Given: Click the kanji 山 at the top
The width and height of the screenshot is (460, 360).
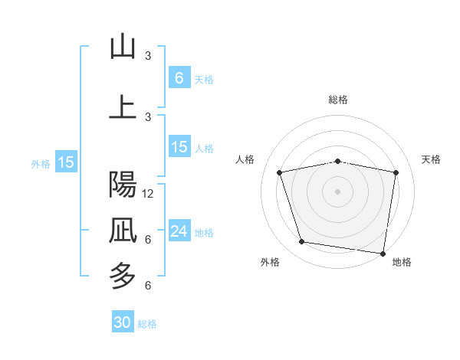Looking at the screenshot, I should (123, 47).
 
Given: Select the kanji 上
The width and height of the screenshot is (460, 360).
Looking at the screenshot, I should (123, 107).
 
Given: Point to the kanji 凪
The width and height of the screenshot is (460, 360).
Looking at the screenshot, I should (123, 229).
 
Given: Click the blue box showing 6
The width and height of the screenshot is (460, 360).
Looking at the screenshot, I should (179, 78).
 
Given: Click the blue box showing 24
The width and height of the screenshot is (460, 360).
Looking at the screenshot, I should (179, 231).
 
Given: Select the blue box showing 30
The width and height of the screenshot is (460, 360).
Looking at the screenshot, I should (123, 322).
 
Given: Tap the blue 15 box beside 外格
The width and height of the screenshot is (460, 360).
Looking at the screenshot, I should (66, 162).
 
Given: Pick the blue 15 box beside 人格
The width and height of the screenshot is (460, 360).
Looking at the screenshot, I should (179, 147).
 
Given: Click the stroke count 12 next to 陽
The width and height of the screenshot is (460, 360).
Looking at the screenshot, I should (149, 193).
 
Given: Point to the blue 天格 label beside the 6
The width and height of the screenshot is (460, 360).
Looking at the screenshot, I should (204, 79).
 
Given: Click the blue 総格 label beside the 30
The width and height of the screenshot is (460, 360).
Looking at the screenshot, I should (147, 323).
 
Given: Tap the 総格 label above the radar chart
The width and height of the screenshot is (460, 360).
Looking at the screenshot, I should (338, 100).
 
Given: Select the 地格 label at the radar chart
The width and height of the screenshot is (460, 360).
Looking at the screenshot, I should (402, 262).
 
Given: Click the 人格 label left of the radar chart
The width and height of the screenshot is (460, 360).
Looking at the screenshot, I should (245, 159).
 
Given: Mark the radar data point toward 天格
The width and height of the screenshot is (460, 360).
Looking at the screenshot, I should (396, 172).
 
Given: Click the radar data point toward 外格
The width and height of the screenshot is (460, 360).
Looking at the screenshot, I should (302, 242).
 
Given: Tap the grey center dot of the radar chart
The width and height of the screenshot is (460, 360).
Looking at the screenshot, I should (338, 191).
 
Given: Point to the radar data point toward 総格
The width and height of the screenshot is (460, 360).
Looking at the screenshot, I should (338, 161).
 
